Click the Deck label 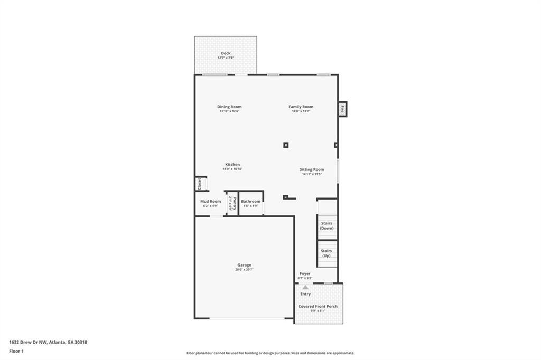click(x=226, y=53)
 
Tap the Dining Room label click(x=229, y=107)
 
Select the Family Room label click(x=301, y=107)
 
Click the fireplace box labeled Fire click(x=342, y=109)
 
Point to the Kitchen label click(x=232, y=165)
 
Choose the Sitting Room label click(x=312, y=169)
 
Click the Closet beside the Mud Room click(x=200, y=184)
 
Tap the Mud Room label click(x=210, y=201)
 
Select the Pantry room click(x=230, y=203)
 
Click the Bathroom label click(x=250, y=201)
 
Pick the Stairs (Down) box click(x=327, y=225)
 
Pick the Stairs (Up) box click(x=327, y=253)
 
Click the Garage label click(x=244, y=265)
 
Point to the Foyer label click(x=305, y=273)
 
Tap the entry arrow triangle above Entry click(x=305, y=287)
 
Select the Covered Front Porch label click(x=318, y=306)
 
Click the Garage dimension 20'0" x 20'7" click(x=244, y=270)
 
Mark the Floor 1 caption click(x=16, y=351)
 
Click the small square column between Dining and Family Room click(x=286, y=145)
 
